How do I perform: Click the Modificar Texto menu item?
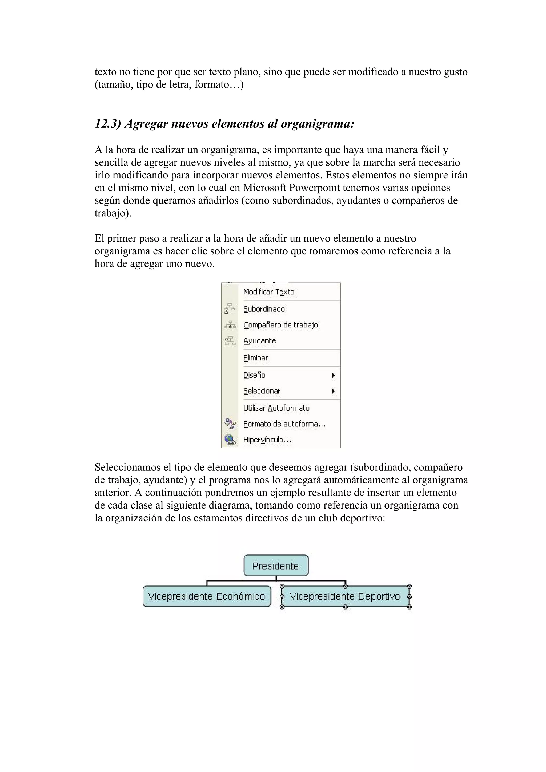coord(268,292)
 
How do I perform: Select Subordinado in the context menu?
coord(264,309)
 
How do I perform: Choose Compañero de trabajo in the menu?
coord(280,325)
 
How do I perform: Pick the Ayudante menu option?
coord(259,341)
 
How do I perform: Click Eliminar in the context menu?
coord(256,358)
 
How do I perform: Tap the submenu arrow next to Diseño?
coord(333,375)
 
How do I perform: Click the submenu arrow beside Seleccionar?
coord(333,391)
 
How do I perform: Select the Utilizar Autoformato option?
coord(276,408)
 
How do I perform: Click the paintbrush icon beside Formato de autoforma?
coord(230,424)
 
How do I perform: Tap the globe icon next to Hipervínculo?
coord(230,440)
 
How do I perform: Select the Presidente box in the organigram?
coord(275,566)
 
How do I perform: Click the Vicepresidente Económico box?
coord(207,596)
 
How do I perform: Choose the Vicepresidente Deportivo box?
coord(345,596)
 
